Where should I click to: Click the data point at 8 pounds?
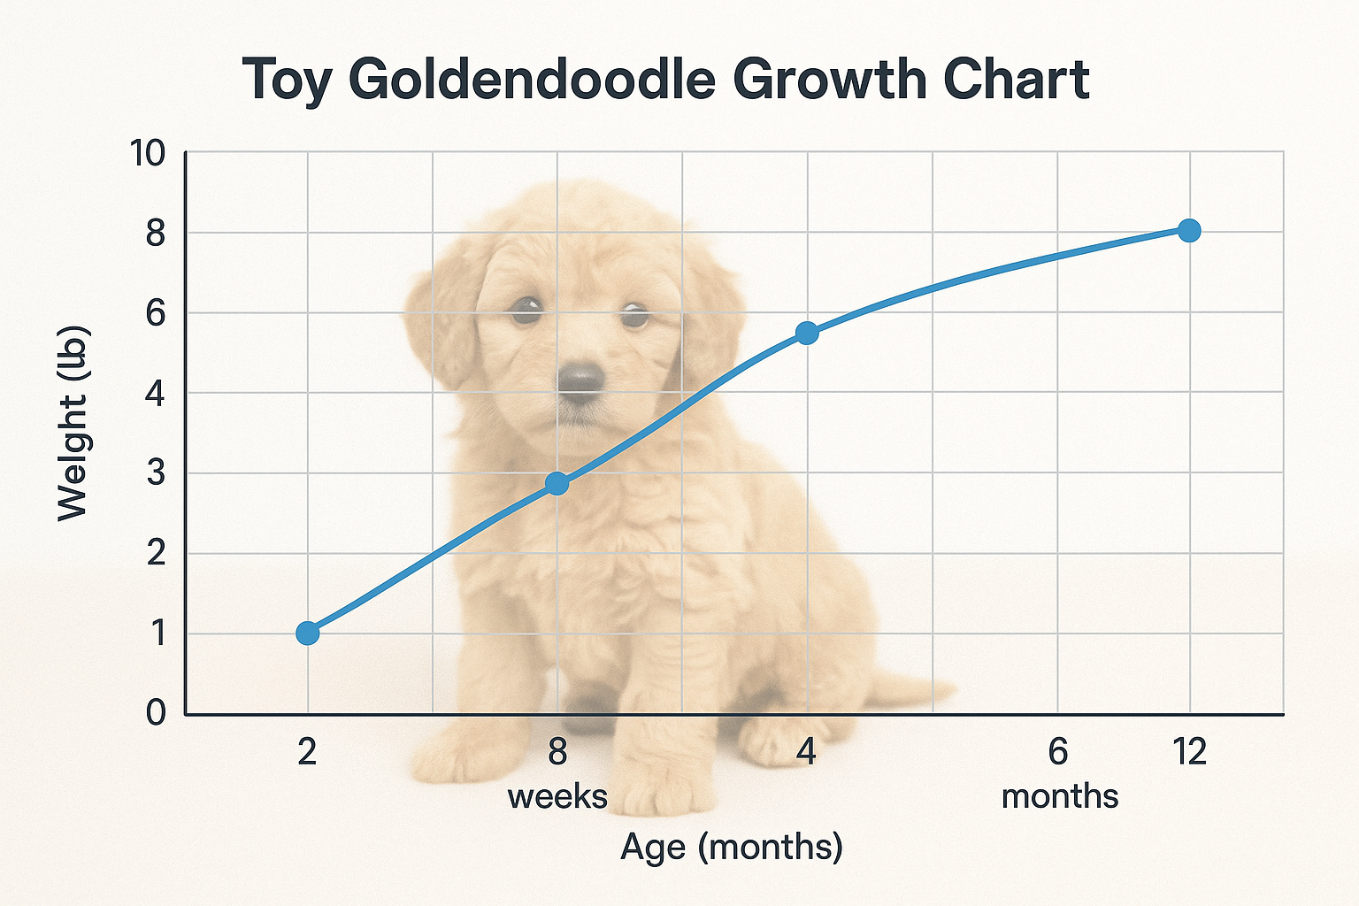pos(1189,231)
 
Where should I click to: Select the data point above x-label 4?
pos(807,333)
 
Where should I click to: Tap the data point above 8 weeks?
pos(557,483)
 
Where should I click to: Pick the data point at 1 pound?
pos(307,633)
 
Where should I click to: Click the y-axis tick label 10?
pos(148,154)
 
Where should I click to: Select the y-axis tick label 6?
pos(156,313)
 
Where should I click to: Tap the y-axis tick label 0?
pos(156,712)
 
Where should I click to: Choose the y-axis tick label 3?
pos(156,473)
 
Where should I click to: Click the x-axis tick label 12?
pos(1189,752)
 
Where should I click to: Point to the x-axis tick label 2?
pos(307,752)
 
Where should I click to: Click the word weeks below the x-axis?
pos(557,796)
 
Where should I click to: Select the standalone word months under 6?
pos(1059,796)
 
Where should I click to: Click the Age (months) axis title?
pos(732,847)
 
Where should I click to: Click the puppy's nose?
pos(580,380)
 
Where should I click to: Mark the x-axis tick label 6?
pos(1058,752)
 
